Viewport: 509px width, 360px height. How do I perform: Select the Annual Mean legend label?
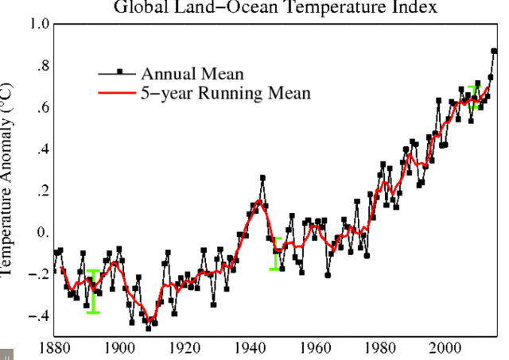[192, 74]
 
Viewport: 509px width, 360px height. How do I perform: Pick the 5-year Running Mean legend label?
[225, 94]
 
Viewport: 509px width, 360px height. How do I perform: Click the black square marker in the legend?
[120, 72]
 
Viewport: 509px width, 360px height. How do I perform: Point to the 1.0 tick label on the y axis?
[38, 24]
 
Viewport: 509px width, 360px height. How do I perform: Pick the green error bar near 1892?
[93, 292]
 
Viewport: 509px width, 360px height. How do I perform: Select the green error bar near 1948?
[277, 254]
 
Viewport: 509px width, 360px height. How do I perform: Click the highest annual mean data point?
[494, 51]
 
